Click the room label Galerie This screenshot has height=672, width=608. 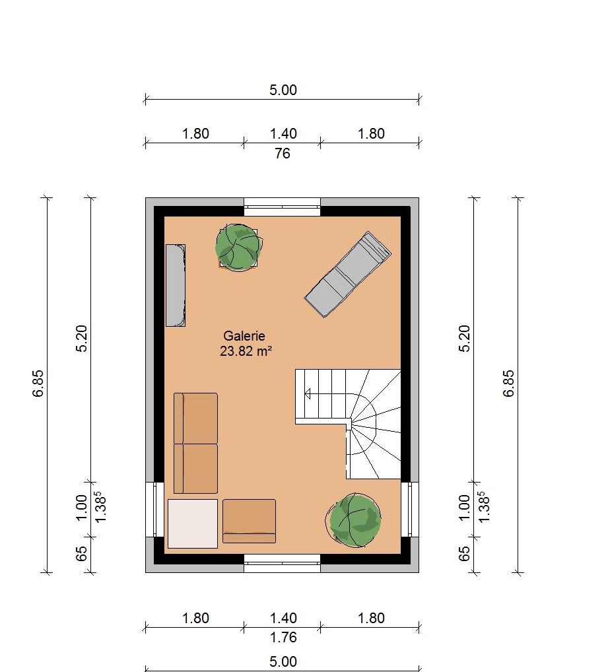click(244, 336)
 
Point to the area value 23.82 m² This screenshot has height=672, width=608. click(246, 351)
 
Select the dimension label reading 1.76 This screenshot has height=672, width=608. click(283, 637)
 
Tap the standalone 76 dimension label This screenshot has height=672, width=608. click(283, 153)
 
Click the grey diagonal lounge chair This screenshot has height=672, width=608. click(347, 275)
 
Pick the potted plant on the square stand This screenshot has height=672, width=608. click(239, 248)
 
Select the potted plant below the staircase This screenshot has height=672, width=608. click(353, 520)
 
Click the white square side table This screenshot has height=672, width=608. click(192, 523)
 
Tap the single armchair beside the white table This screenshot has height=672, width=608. click(249, 521)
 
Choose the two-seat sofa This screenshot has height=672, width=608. click(195, 443)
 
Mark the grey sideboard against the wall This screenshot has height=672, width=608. click(176, 285)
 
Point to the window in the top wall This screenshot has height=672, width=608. click(283, 207)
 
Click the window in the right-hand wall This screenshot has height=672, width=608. click(410, 509)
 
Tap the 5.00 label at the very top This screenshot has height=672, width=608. click(283, 90)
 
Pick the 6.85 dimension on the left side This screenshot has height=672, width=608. click(38, 384)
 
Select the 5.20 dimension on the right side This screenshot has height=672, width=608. click(465, 339)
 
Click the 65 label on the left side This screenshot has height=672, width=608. click(81, 554)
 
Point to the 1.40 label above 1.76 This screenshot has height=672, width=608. click(283, 618)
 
